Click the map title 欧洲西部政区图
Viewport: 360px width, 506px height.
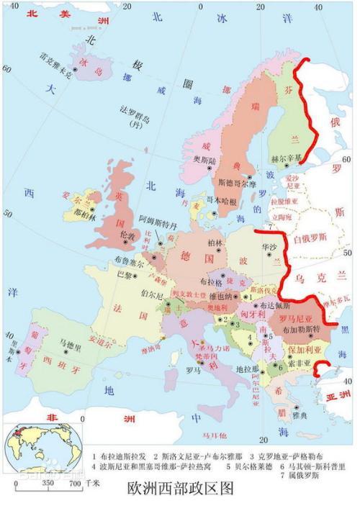click(x=180, y=488)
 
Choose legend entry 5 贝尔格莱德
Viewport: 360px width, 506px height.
click(x=204, y=466)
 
